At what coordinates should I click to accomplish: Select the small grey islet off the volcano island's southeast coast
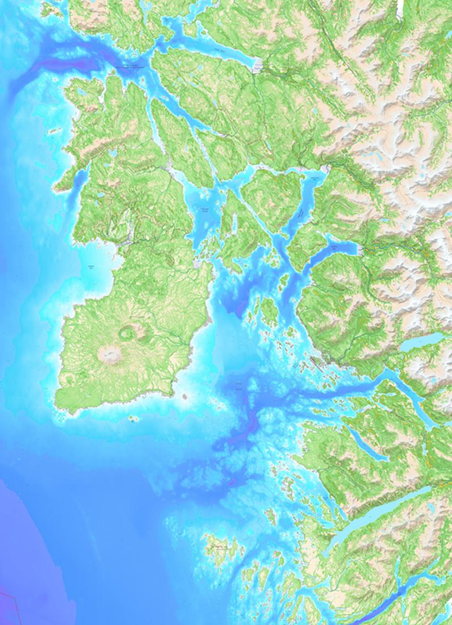click(185, 395)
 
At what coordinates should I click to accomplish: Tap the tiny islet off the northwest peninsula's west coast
click(54, 131)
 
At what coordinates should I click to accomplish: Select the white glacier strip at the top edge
click(400, 9)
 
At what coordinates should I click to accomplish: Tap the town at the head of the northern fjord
click(258, 66)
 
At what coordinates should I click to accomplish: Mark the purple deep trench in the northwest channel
click(62, 63)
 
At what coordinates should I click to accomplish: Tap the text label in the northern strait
click(131, 66)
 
